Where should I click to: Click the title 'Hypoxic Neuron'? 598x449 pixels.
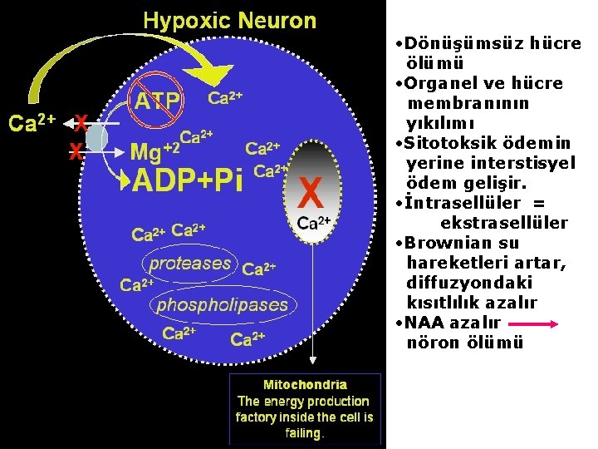pyautogui.click(x=230, y=20)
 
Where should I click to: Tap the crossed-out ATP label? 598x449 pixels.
pyautogui.click(x=154, y=102)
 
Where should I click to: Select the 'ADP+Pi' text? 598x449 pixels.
pyautogui.click(x=188, y=179)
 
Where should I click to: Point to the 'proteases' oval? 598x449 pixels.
pyautogui.click(x=189, y=264)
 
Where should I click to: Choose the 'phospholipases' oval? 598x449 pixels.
pyautogui.click(x=222, y=304)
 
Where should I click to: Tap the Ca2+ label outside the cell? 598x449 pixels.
pyautogui.click(x=32, y=124)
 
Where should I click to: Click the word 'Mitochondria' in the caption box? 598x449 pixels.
pyautogui.click(x=305, y=385)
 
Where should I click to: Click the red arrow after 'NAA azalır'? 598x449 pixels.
pyautogui.click(x=537, y=323)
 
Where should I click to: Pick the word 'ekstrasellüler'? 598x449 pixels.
pyautogui.click(x=504, y=223)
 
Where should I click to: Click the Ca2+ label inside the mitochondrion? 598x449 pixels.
pyautogui.click(x=314, y=222)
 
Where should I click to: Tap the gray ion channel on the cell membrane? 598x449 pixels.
pyautogui.click(x=96, y=138)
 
